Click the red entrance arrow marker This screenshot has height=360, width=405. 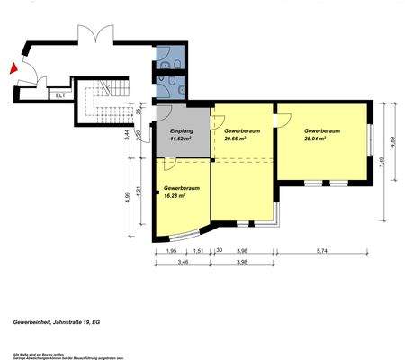(x=13, y=67)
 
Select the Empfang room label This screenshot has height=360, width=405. (x=183, y=131)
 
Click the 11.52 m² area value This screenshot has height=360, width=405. (x=183, y=139)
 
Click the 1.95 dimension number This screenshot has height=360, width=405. (x=172, y=250)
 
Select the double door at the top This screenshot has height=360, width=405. (x=94, y=36)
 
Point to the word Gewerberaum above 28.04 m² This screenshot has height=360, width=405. (x=321, y=131)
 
